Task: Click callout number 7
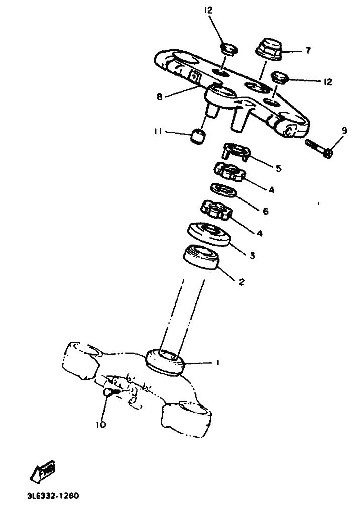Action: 308,51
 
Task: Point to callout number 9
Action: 344,131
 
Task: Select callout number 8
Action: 160,97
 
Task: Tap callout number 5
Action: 278,169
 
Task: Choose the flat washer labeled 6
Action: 224,190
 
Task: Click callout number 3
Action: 252,255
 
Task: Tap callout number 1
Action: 217,362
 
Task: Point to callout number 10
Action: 101,425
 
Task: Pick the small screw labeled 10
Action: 110,393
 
